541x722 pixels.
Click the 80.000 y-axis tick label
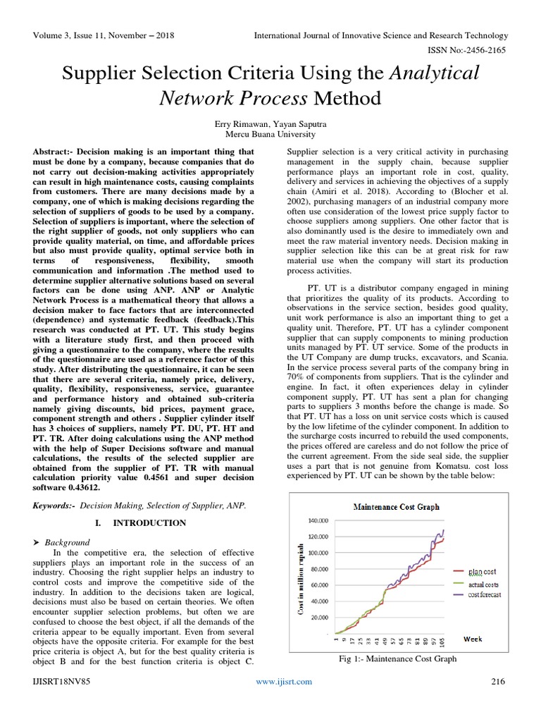[x=318, y=569]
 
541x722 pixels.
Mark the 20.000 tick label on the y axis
[x=318, y=618]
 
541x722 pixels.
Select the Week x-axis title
[x=473, y=639]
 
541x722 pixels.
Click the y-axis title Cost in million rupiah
[x=301, y=578]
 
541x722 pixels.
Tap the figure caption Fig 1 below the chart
[x=398, y=659]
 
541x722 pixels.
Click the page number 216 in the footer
[x=498, y=682]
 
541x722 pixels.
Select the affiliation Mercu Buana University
[x=270, y=134]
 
